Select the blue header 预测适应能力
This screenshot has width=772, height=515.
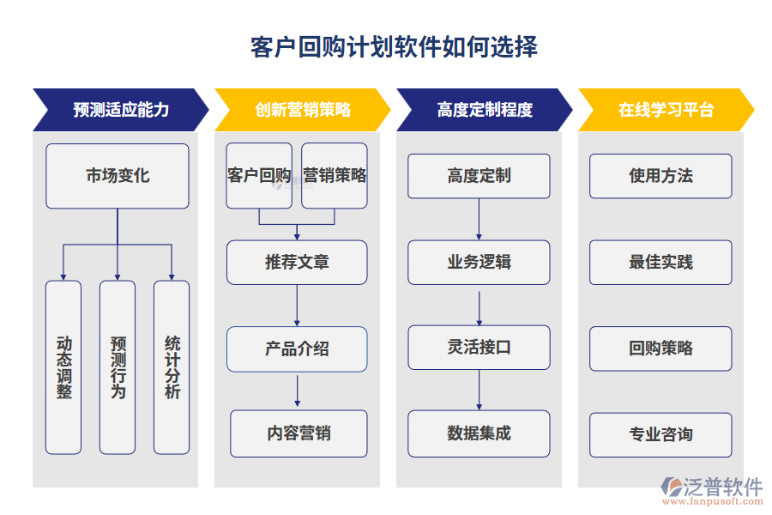click(120, 110)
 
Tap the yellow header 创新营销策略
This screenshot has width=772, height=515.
click(302, 110)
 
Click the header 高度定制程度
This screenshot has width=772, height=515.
click(484, 110)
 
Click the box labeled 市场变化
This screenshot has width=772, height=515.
click(118, 176)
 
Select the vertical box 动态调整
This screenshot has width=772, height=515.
click(63, 367)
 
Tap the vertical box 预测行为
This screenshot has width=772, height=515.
click(118, 367)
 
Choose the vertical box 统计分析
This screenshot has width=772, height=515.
click(172, 367)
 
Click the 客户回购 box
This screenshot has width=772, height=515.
click(259, 176)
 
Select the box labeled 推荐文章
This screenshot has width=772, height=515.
click(297, 262)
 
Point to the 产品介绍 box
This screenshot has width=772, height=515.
click(297, 348)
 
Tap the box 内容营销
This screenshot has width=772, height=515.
click(299, 433)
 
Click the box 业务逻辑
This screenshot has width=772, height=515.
click(479, 262)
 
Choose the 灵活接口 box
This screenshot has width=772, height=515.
click(479, 348)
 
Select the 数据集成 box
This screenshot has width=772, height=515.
click(479, 433)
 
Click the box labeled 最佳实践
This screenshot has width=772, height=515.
click(660, 262)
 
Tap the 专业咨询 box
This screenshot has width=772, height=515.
click(660, 434)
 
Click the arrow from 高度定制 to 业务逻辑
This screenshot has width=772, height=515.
click(479, 219)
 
